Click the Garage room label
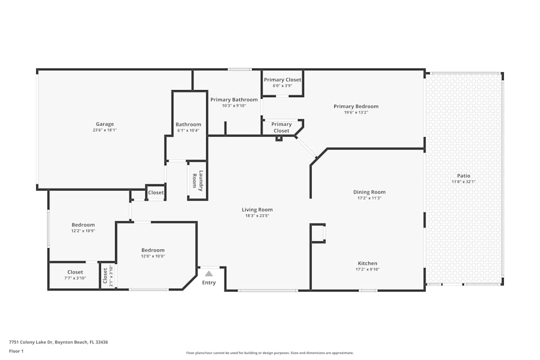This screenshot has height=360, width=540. click(105, 124)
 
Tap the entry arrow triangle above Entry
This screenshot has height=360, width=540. click(208, 274)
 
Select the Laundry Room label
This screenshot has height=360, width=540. click(198, 181)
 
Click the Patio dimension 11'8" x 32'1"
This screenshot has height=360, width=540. click(463, 182)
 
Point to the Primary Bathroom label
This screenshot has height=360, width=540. click(234, 99)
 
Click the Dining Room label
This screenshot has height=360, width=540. click(369, 192)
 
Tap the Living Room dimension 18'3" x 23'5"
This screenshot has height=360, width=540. click(257, 216)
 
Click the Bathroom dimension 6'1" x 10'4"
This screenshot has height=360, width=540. click(188, 130)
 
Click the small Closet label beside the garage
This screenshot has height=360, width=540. click(156, 193)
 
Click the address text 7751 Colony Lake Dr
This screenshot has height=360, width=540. click(58, 342)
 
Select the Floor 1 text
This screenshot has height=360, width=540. click(16, 351)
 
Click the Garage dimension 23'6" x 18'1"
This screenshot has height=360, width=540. click(105, 130)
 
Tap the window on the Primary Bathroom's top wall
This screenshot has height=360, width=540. click(239, 69)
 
